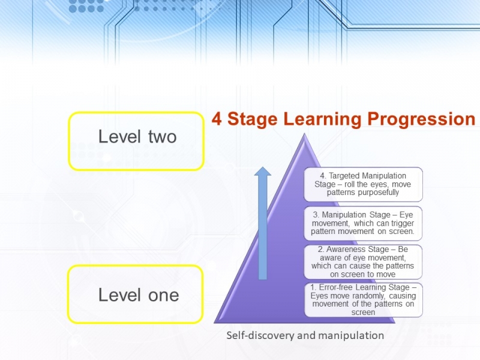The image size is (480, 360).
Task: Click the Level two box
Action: point(136,141)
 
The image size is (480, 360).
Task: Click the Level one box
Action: point(136,294)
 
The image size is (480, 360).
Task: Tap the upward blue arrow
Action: point(263,223)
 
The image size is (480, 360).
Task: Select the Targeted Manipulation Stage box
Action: point(363,184)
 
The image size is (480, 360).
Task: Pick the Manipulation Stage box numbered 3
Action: point(363,223)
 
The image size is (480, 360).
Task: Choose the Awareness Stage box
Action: point(363,262)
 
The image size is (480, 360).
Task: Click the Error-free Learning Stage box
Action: point(364,300)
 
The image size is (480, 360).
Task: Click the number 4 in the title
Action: point(217,119)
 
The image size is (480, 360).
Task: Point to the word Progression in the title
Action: point(421,119)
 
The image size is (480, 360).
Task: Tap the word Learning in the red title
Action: point(322,119)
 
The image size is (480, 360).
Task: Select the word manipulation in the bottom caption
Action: point(351,335)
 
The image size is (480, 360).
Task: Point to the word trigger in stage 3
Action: point(403,223)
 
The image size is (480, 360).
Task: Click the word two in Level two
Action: point(163,137)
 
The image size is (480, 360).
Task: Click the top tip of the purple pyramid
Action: point(304,133)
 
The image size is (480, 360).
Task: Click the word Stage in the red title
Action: point(253,119)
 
